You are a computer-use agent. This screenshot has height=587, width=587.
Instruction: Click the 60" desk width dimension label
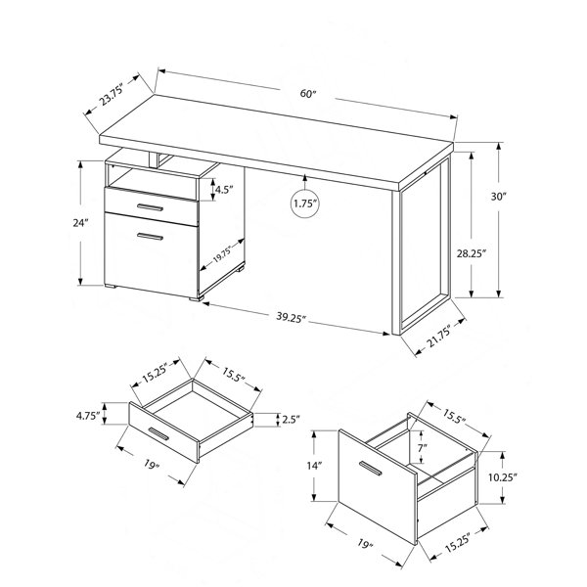point(308,94)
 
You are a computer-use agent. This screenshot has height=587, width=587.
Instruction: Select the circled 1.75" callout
point(305,203)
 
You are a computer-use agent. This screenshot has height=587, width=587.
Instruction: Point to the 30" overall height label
point(498,197)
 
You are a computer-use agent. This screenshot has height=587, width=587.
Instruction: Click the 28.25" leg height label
point(471,253)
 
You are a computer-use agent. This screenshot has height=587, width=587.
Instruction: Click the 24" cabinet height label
point(80,223)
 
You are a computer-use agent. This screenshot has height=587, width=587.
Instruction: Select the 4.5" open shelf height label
point(224,190)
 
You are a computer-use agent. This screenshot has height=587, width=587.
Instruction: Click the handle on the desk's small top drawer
point(150,207)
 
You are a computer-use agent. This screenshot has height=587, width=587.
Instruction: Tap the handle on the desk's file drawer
point(150,236)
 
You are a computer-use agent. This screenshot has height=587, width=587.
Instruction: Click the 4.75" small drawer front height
point(88,416)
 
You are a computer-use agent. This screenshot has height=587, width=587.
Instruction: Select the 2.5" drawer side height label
point(292,420)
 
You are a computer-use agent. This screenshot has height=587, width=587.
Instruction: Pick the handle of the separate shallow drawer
point(158,433)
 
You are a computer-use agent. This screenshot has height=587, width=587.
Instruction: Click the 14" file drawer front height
point(314,466)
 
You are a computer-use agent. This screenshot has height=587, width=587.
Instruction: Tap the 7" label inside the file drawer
point(423,447)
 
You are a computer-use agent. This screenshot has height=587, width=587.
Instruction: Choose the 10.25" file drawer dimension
point(503,477)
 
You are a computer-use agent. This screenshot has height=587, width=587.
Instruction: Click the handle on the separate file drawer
point(370,469)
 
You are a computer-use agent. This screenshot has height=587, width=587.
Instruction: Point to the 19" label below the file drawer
point(364,544)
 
